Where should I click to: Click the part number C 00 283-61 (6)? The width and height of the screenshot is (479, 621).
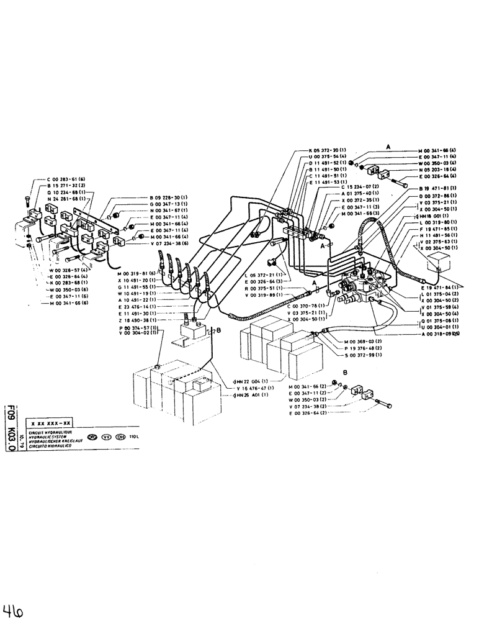(x=54, y=178)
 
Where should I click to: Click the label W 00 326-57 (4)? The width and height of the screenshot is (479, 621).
(x=69, y=270)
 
